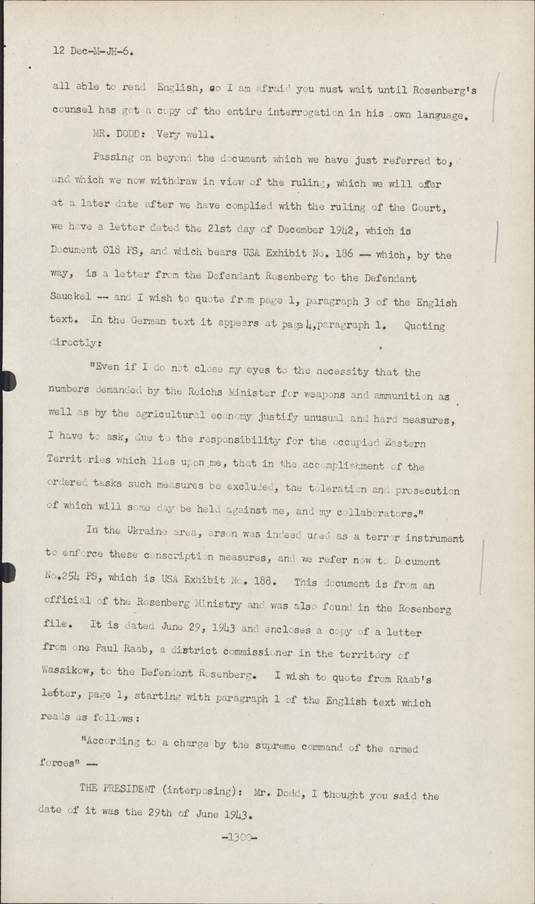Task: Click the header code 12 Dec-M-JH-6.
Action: (x=93, y=51)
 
